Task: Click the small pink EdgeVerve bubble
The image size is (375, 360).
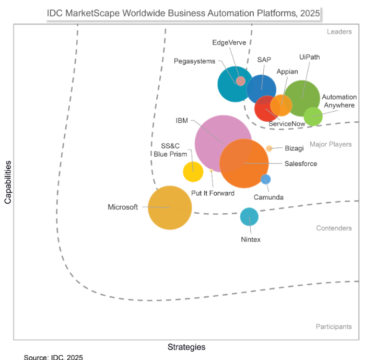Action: click(241, 81)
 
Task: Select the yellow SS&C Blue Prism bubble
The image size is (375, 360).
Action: click(193, 172)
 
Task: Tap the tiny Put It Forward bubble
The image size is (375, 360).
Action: click(211, 170)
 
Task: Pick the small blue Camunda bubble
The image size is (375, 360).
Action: click(265, 179)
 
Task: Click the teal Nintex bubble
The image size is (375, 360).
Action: click(249, 217)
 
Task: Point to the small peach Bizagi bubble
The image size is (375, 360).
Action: click(269, 148)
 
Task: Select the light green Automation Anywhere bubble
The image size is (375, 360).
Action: click(313, 117)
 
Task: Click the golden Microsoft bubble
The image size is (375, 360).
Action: click(170, 207)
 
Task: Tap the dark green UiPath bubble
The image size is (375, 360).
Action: click(302, 98)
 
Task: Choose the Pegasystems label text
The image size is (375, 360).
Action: click(194, 61)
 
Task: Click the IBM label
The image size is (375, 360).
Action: click(182, 121)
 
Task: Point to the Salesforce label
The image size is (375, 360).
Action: click(301, 164)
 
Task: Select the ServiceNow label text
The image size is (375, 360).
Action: click(287, 124)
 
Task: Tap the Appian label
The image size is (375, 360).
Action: click(287, 72)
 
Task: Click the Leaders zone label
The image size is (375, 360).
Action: click(339, 31)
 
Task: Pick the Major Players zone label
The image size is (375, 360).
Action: click(331, 144)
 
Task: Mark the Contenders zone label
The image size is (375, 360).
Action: click(334, 228)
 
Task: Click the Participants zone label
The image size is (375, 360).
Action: click(334, 327)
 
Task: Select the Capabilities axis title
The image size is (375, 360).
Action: click(8, 182)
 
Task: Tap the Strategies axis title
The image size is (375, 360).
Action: click(186, 347)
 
